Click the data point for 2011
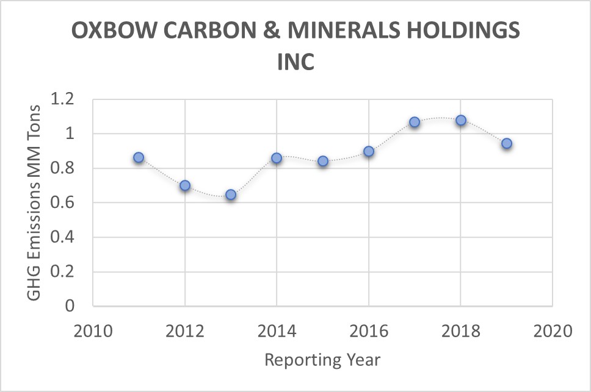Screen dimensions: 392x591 (139, 157)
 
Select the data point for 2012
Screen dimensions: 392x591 (185, 185)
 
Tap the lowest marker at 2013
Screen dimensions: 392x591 (231, 194)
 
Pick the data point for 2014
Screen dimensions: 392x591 (277, 158)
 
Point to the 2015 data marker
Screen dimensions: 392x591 (323, 161)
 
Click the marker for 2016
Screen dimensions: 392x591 (369, 151)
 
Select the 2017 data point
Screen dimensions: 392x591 (415, 122)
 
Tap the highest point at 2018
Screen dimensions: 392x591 (461, 120)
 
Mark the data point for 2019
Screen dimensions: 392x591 (506, 144)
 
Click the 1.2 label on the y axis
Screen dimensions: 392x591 (60, 99)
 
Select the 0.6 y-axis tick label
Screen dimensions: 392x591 (60, 202)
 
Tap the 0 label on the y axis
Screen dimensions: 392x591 (69, 306)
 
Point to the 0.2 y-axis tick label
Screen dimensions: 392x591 (60, 272)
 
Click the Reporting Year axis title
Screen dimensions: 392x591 (322, 360)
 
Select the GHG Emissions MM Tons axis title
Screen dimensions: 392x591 (34, 202)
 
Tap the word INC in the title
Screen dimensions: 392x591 (295, 62)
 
